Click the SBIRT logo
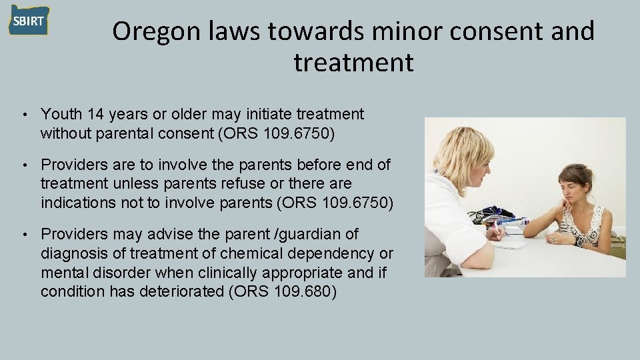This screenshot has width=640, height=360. pos(29,21)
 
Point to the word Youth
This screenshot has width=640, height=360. pos(60,115)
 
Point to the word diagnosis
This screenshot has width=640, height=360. pos(73,253)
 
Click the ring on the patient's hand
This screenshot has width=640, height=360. pos(553,239)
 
